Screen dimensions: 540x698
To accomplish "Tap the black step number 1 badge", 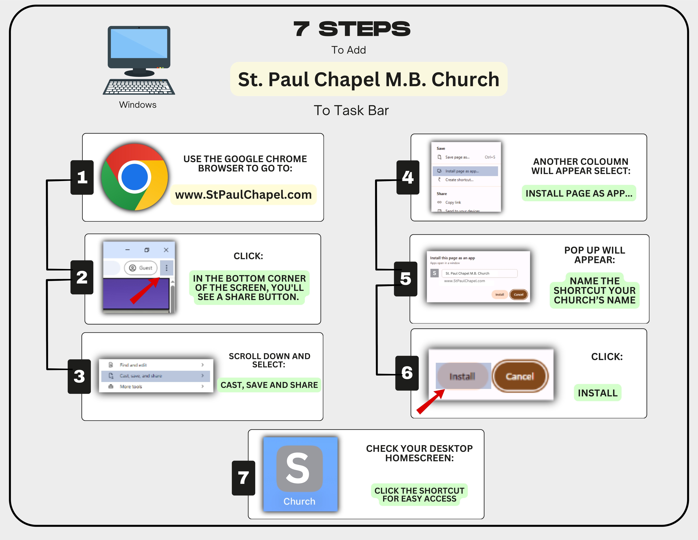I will coord(82,178).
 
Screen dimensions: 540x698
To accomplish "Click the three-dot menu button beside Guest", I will coord(166,268).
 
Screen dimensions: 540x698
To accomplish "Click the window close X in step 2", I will coord(166,250).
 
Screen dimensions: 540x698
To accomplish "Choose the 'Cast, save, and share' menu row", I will coord(156,376).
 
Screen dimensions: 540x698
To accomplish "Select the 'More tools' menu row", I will coord(156,386).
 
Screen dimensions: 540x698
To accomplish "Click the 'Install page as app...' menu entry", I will coord(465,171).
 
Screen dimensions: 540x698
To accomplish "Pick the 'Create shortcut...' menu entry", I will coord(459,180).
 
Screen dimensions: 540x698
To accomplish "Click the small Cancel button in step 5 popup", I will coord(518,294).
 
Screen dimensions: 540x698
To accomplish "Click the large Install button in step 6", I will coord(462,376).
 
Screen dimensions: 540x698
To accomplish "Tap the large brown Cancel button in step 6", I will coord(520,376).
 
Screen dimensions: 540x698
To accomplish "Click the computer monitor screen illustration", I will coord(139,44).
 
